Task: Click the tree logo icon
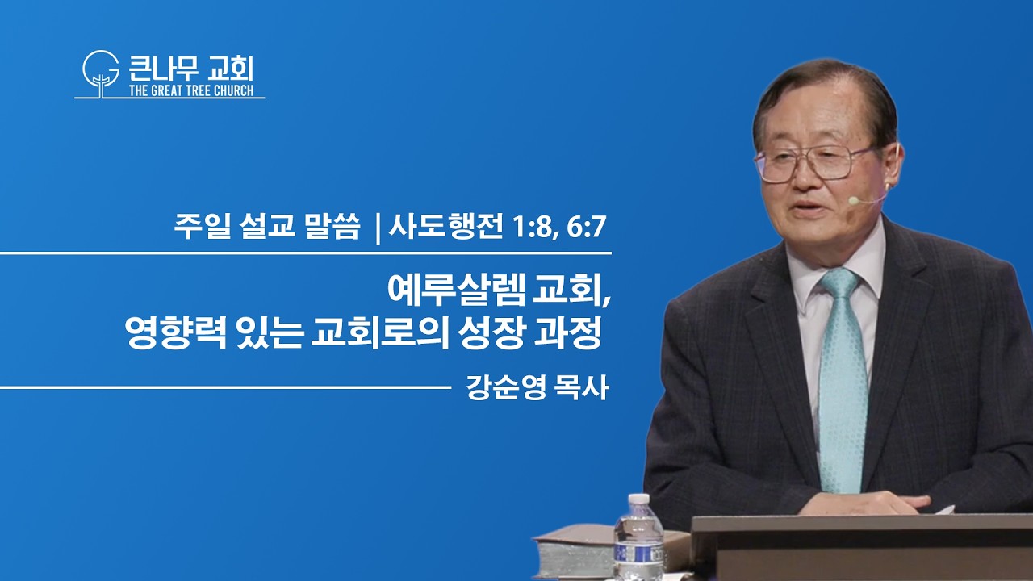pos(101,73)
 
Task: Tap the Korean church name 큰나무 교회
pos(191,69)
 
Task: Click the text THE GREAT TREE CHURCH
pos(191,90)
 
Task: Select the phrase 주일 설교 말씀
pos(266,228)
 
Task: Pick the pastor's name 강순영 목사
pos(537,387)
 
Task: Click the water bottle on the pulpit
pos(638,537)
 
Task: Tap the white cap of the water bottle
pos(639,499)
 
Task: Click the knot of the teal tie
pos(839,282)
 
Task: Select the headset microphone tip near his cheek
pos(854,200)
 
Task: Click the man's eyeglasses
pos(814,163)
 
